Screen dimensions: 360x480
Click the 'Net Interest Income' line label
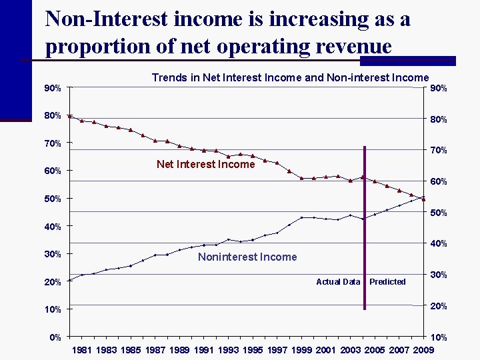[x=205, y=164]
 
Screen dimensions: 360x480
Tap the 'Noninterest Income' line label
[x=247, y=257]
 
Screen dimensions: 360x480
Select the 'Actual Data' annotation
[x=338, y=282]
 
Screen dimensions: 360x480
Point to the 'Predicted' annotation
[x=387, y=282]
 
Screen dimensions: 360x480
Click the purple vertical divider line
[x=365, y=227]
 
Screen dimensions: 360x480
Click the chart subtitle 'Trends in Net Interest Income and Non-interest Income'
[x=290, y=78]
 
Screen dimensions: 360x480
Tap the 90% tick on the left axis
[x=53, y=88]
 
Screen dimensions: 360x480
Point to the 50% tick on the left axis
[x=53, y=199]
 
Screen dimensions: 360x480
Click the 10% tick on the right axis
[x=437, y=338]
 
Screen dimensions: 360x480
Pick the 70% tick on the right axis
[x=437, y=151]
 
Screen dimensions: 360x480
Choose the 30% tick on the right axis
[x=437, y=275]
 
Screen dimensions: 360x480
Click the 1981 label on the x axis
[x=82, y=349]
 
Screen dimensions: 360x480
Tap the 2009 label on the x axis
[x=422, y=349]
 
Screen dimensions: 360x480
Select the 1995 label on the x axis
[x=252, y=349]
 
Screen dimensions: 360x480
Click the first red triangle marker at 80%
[x=70, y=116]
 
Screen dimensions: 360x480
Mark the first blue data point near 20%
[x=70, y=280]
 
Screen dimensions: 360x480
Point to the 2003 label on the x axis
[x=349, y=349]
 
